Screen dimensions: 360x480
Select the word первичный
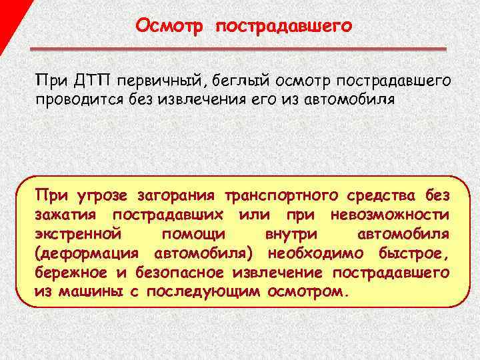(x=162, y=81)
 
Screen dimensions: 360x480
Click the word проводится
(x=74, y=100)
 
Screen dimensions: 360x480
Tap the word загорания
(x=177, y=196)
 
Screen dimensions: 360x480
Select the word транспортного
(x=282, y=196)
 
